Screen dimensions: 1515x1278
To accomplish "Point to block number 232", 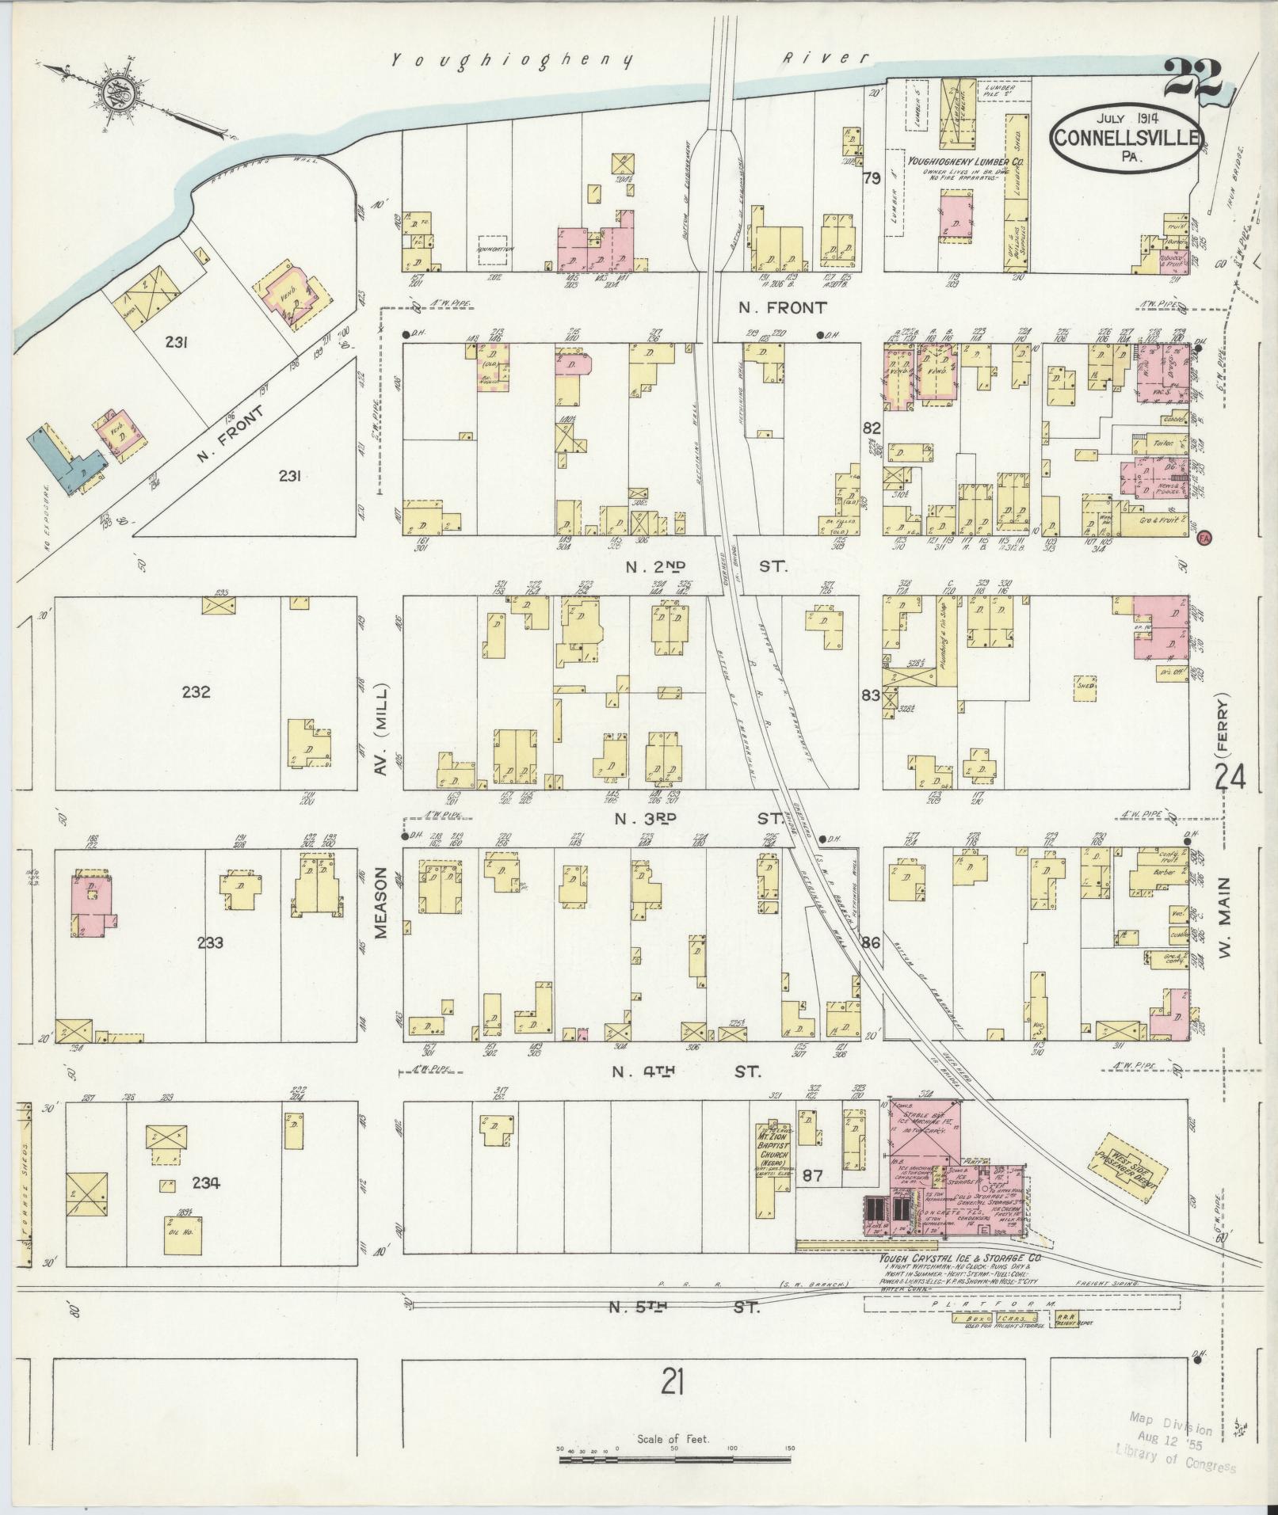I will pyautogui.click(x=196, y=692).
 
